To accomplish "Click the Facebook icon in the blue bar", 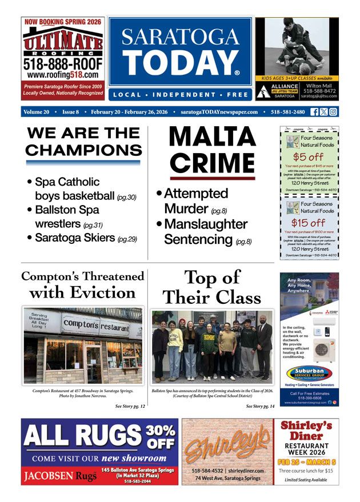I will coord(314,112).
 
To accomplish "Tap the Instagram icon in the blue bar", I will coord(333,112).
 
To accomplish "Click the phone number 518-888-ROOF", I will coord(63,65).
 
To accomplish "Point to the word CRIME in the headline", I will coord(212,163).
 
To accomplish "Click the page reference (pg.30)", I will coord(126,198).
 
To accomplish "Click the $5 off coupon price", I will coord(308,156).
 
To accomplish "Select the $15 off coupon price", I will coord(308,223).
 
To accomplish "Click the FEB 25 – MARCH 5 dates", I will coord(307,461).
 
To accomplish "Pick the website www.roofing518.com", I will coord(63,75).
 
